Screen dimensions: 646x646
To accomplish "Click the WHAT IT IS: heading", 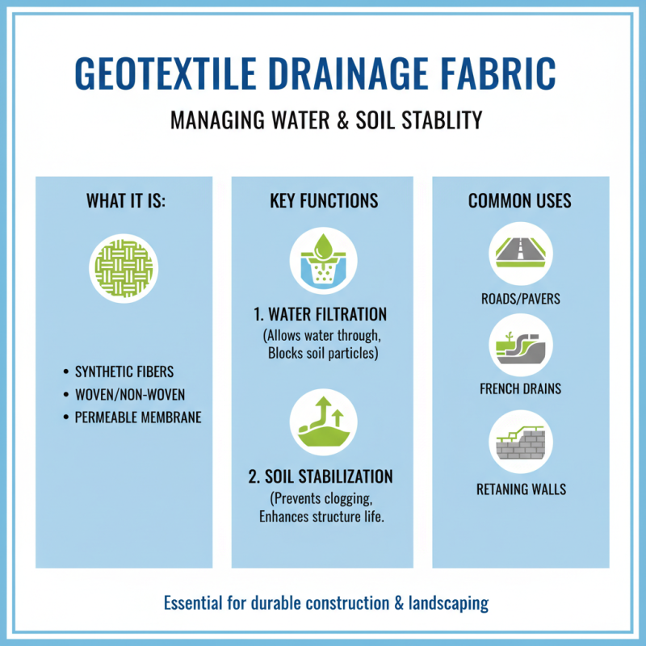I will coord(125,200).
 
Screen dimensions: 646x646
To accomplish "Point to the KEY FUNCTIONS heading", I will coord(323,200).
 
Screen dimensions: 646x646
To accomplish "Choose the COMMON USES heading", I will coord(520,200).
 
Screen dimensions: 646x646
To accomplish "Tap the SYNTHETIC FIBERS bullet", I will coord(124,372).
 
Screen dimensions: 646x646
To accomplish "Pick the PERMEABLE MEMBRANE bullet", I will coord(138,417).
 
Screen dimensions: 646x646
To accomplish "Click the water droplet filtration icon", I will coord(323,261).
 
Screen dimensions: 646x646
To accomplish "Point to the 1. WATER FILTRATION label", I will coord(323,314).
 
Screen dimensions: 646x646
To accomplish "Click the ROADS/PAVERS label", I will coord(521,300).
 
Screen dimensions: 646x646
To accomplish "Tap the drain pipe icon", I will coord(521,346).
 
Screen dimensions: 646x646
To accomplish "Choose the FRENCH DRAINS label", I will coord(521,389).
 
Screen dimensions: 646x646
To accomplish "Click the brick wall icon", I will coord(521,441).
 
